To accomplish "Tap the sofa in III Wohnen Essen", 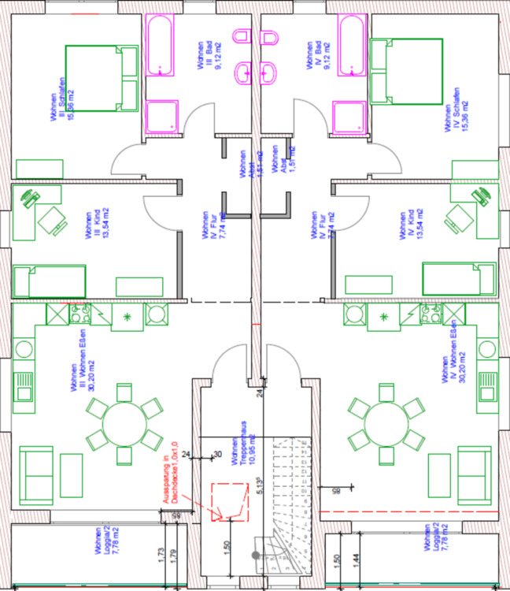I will (39, 475).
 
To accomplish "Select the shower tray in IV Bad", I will (349, 116).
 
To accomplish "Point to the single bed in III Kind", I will (49, 281).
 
